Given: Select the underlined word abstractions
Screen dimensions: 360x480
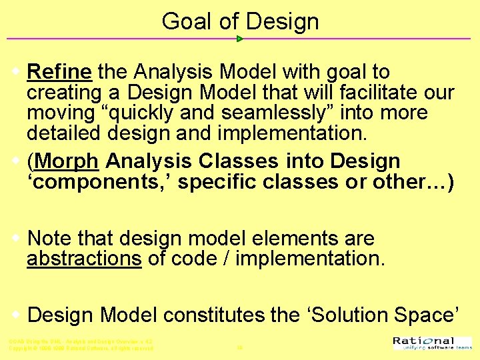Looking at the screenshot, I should (84, 259).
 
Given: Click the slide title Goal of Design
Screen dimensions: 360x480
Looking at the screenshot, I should (240, 21).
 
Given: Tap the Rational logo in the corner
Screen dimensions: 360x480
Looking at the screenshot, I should (424, 343).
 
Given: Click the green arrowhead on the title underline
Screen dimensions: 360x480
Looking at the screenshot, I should (240, 39).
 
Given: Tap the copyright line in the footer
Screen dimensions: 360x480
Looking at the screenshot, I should (81, 348).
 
